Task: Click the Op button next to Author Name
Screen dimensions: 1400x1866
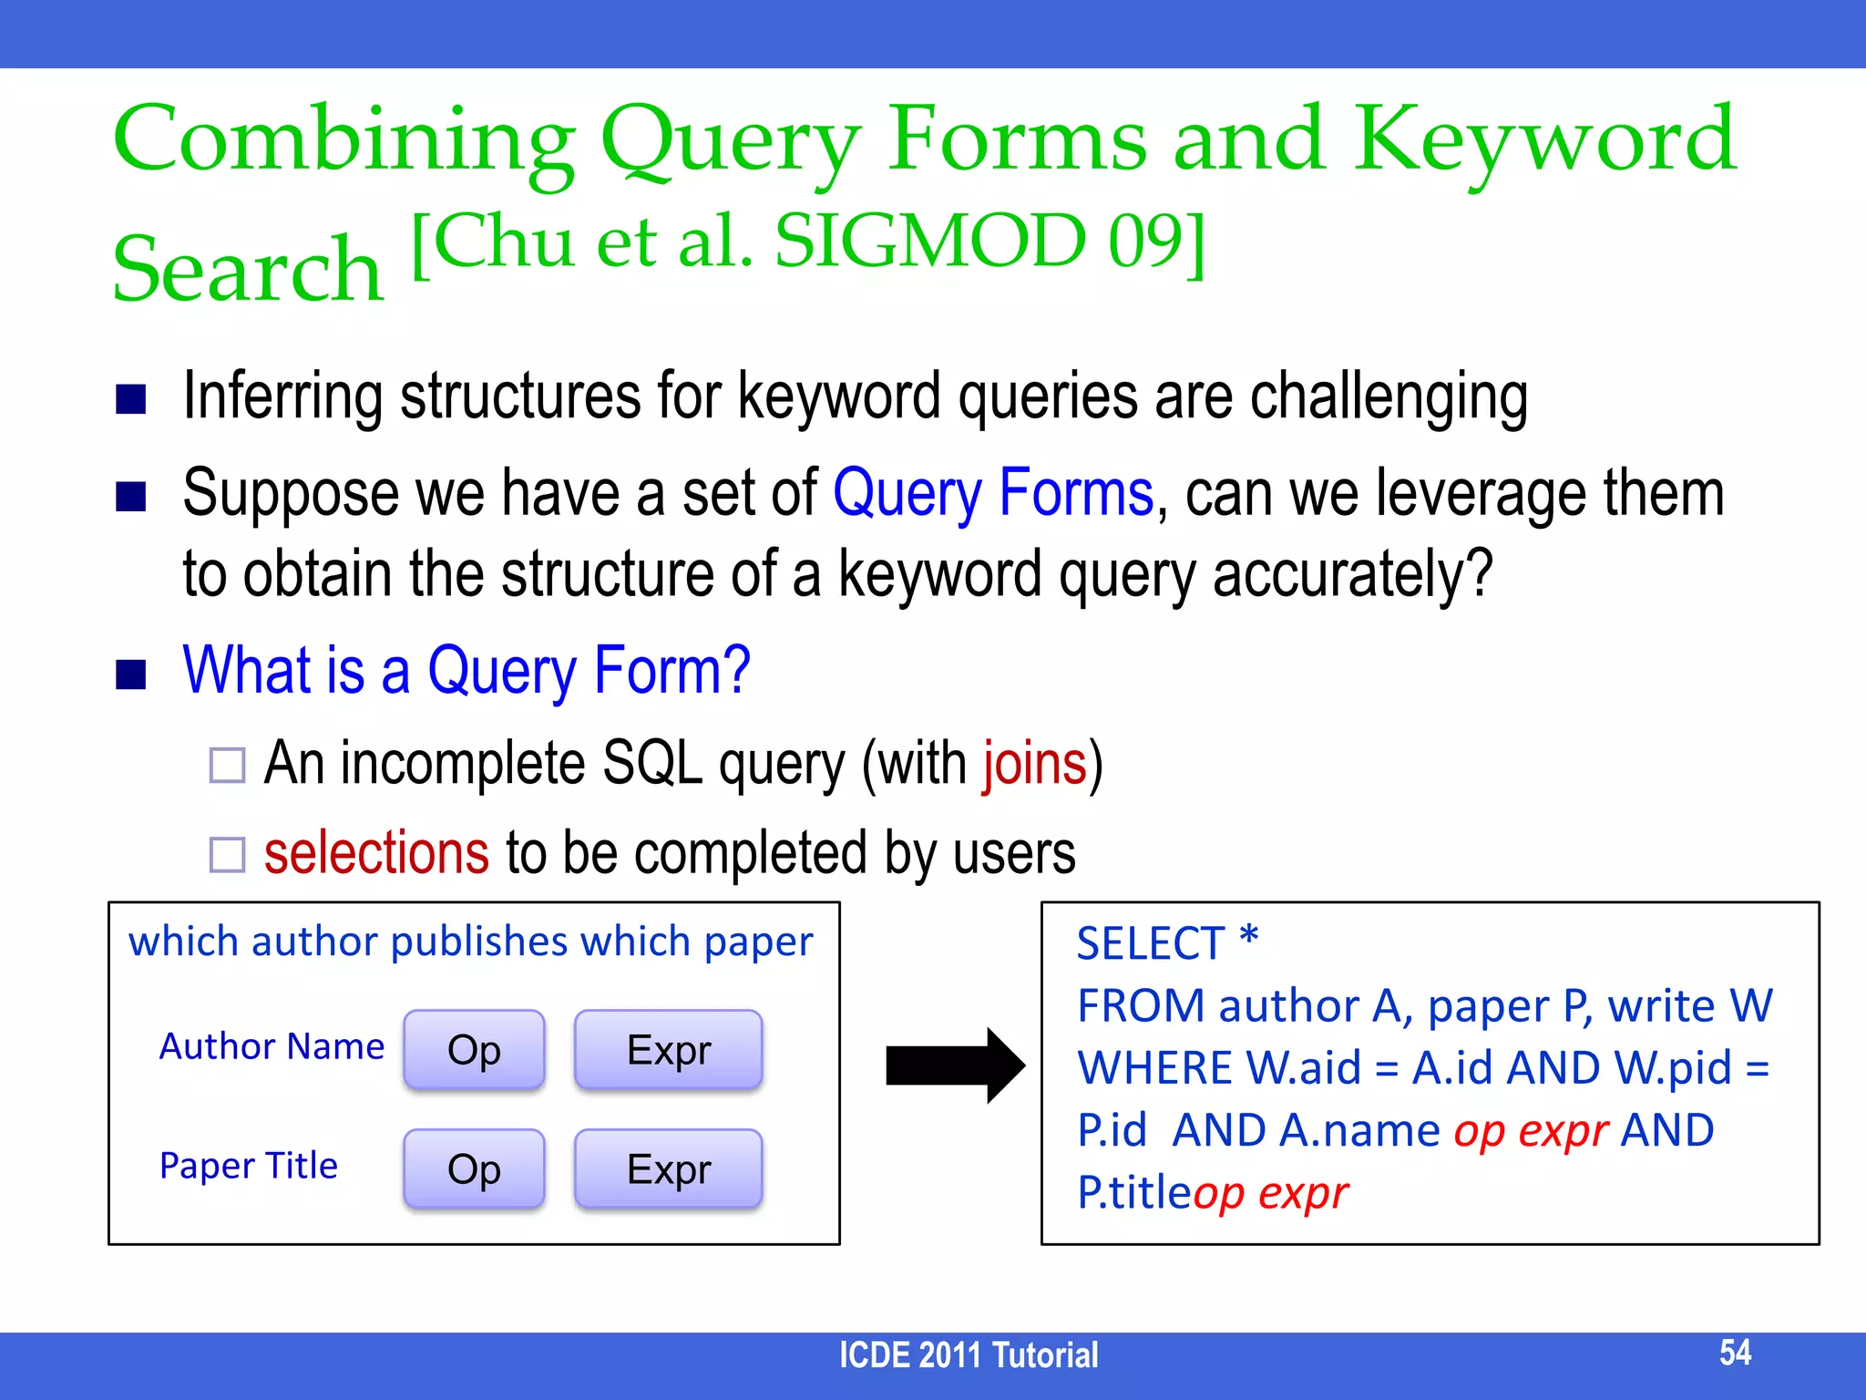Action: click(474, 1050)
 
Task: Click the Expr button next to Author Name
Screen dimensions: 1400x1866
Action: click(668, 1050)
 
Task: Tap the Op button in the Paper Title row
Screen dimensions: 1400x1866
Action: click(474, 1169)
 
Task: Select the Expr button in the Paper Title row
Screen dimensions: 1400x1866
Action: click(668, 1169)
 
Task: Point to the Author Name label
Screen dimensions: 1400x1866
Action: click(272, 1046)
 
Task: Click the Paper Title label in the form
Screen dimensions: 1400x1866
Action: click(248, 1166)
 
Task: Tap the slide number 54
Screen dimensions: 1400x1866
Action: click(1735, 1353)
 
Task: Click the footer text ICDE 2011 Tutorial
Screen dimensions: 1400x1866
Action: click(968, 1355)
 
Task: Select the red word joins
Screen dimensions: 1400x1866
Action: click(1034, 763)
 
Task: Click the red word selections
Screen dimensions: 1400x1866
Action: click(376, 853)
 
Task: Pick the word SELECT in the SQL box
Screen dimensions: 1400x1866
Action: click(1150, 943)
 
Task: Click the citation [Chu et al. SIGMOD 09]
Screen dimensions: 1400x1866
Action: click(808, 242)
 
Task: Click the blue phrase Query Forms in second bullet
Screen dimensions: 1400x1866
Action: click(993, 493)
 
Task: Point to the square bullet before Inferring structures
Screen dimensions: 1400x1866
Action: click(131, 399)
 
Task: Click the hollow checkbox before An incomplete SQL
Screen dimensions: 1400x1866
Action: click(227, 765)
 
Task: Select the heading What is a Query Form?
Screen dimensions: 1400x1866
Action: click(466, 670)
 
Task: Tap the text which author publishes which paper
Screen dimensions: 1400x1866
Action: click(470, 942)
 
